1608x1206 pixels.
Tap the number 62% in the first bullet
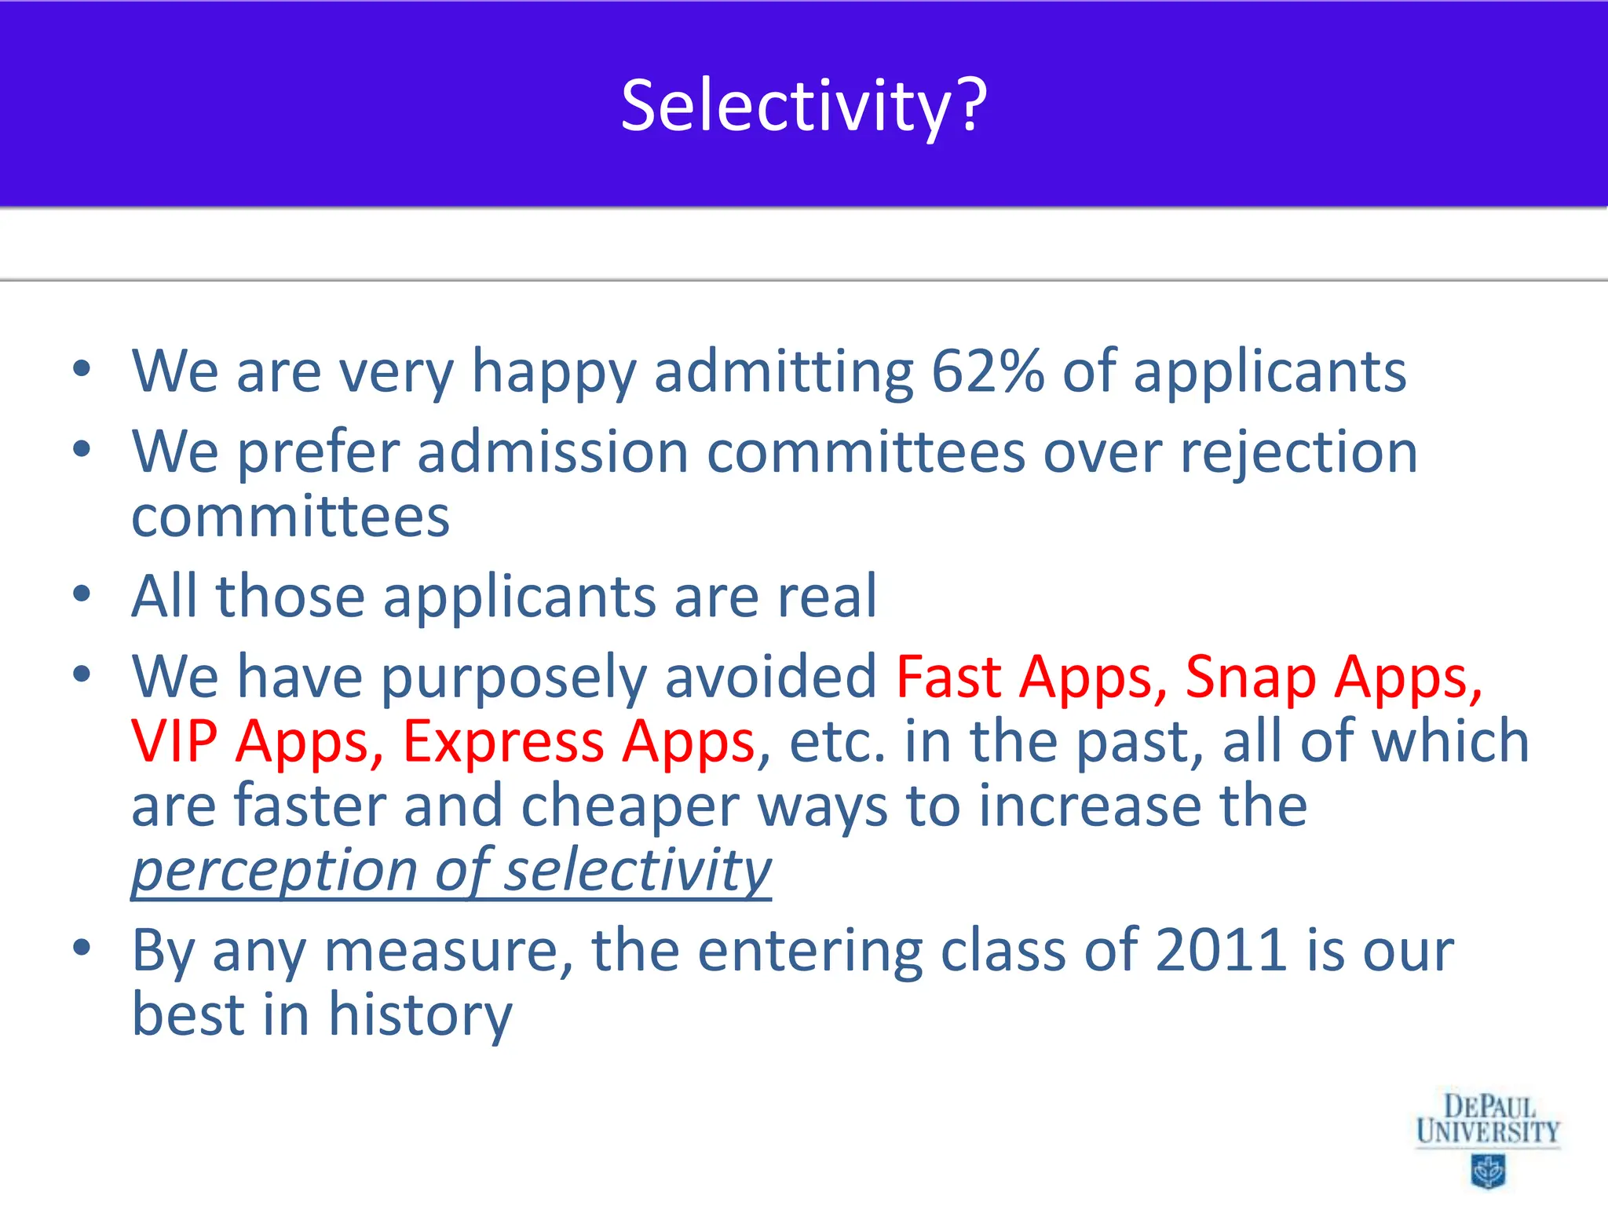(988, 371)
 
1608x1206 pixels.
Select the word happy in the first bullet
(554, 373)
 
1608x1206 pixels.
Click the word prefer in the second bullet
(319, 454)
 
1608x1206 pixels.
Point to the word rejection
(1299, 454)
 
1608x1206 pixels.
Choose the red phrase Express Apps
(579, 742)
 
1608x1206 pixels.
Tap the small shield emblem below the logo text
(1487, 1171)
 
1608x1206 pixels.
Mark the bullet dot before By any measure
(82, 948)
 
